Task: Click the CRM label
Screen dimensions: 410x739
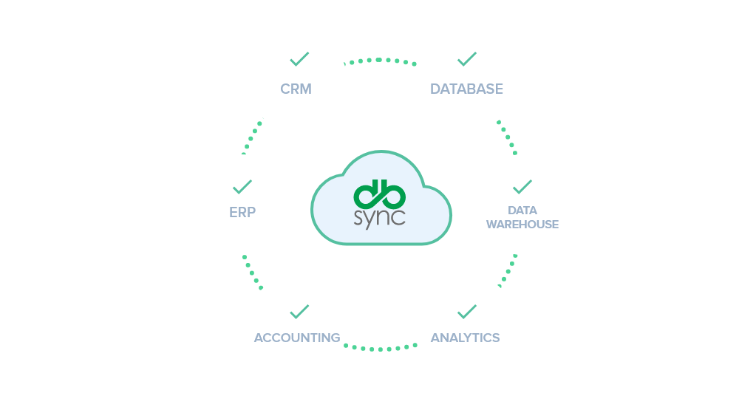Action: click(296, 89)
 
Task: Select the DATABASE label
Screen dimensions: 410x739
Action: click(466, 89)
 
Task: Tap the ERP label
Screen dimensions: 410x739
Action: click(242, 213)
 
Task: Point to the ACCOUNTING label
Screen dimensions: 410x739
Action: click(297, 338)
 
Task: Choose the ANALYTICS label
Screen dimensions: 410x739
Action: click(466, 338)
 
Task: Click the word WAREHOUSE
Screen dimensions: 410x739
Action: click(522, 225)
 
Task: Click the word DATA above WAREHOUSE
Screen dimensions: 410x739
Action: click(522, 211)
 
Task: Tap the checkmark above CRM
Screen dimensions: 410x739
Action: click(299, 59)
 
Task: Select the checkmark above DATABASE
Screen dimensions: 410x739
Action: click(467, 59)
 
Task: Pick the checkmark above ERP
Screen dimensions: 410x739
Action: click(242, 186)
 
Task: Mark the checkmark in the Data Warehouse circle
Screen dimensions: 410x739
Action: click(522, 185)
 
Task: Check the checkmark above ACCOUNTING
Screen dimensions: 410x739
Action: click(299, 312)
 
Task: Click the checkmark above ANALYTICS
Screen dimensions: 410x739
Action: click(467, 312)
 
